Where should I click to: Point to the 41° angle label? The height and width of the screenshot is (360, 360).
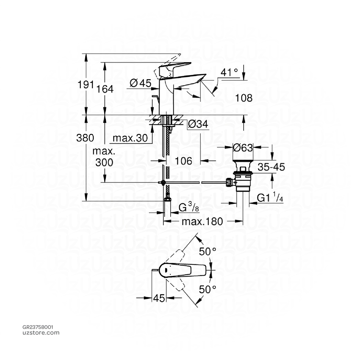(230, 72)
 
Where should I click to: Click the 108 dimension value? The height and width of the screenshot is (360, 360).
(244, 98)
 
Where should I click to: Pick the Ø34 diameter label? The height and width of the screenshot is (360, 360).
(198, 124)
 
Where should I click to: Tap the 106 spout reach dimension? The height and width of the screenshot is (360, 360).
(184, 161)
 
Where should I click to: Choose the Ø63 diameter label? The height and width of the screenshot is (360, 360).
(243, 148)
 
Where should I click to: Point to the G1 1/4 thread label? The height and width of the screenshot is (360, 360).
(270, 199)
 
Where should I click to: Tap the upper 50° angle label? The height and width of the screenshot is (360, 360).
(207, 252)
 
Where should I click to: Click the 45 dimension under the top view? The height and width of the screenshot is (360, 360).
(159, 298)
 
